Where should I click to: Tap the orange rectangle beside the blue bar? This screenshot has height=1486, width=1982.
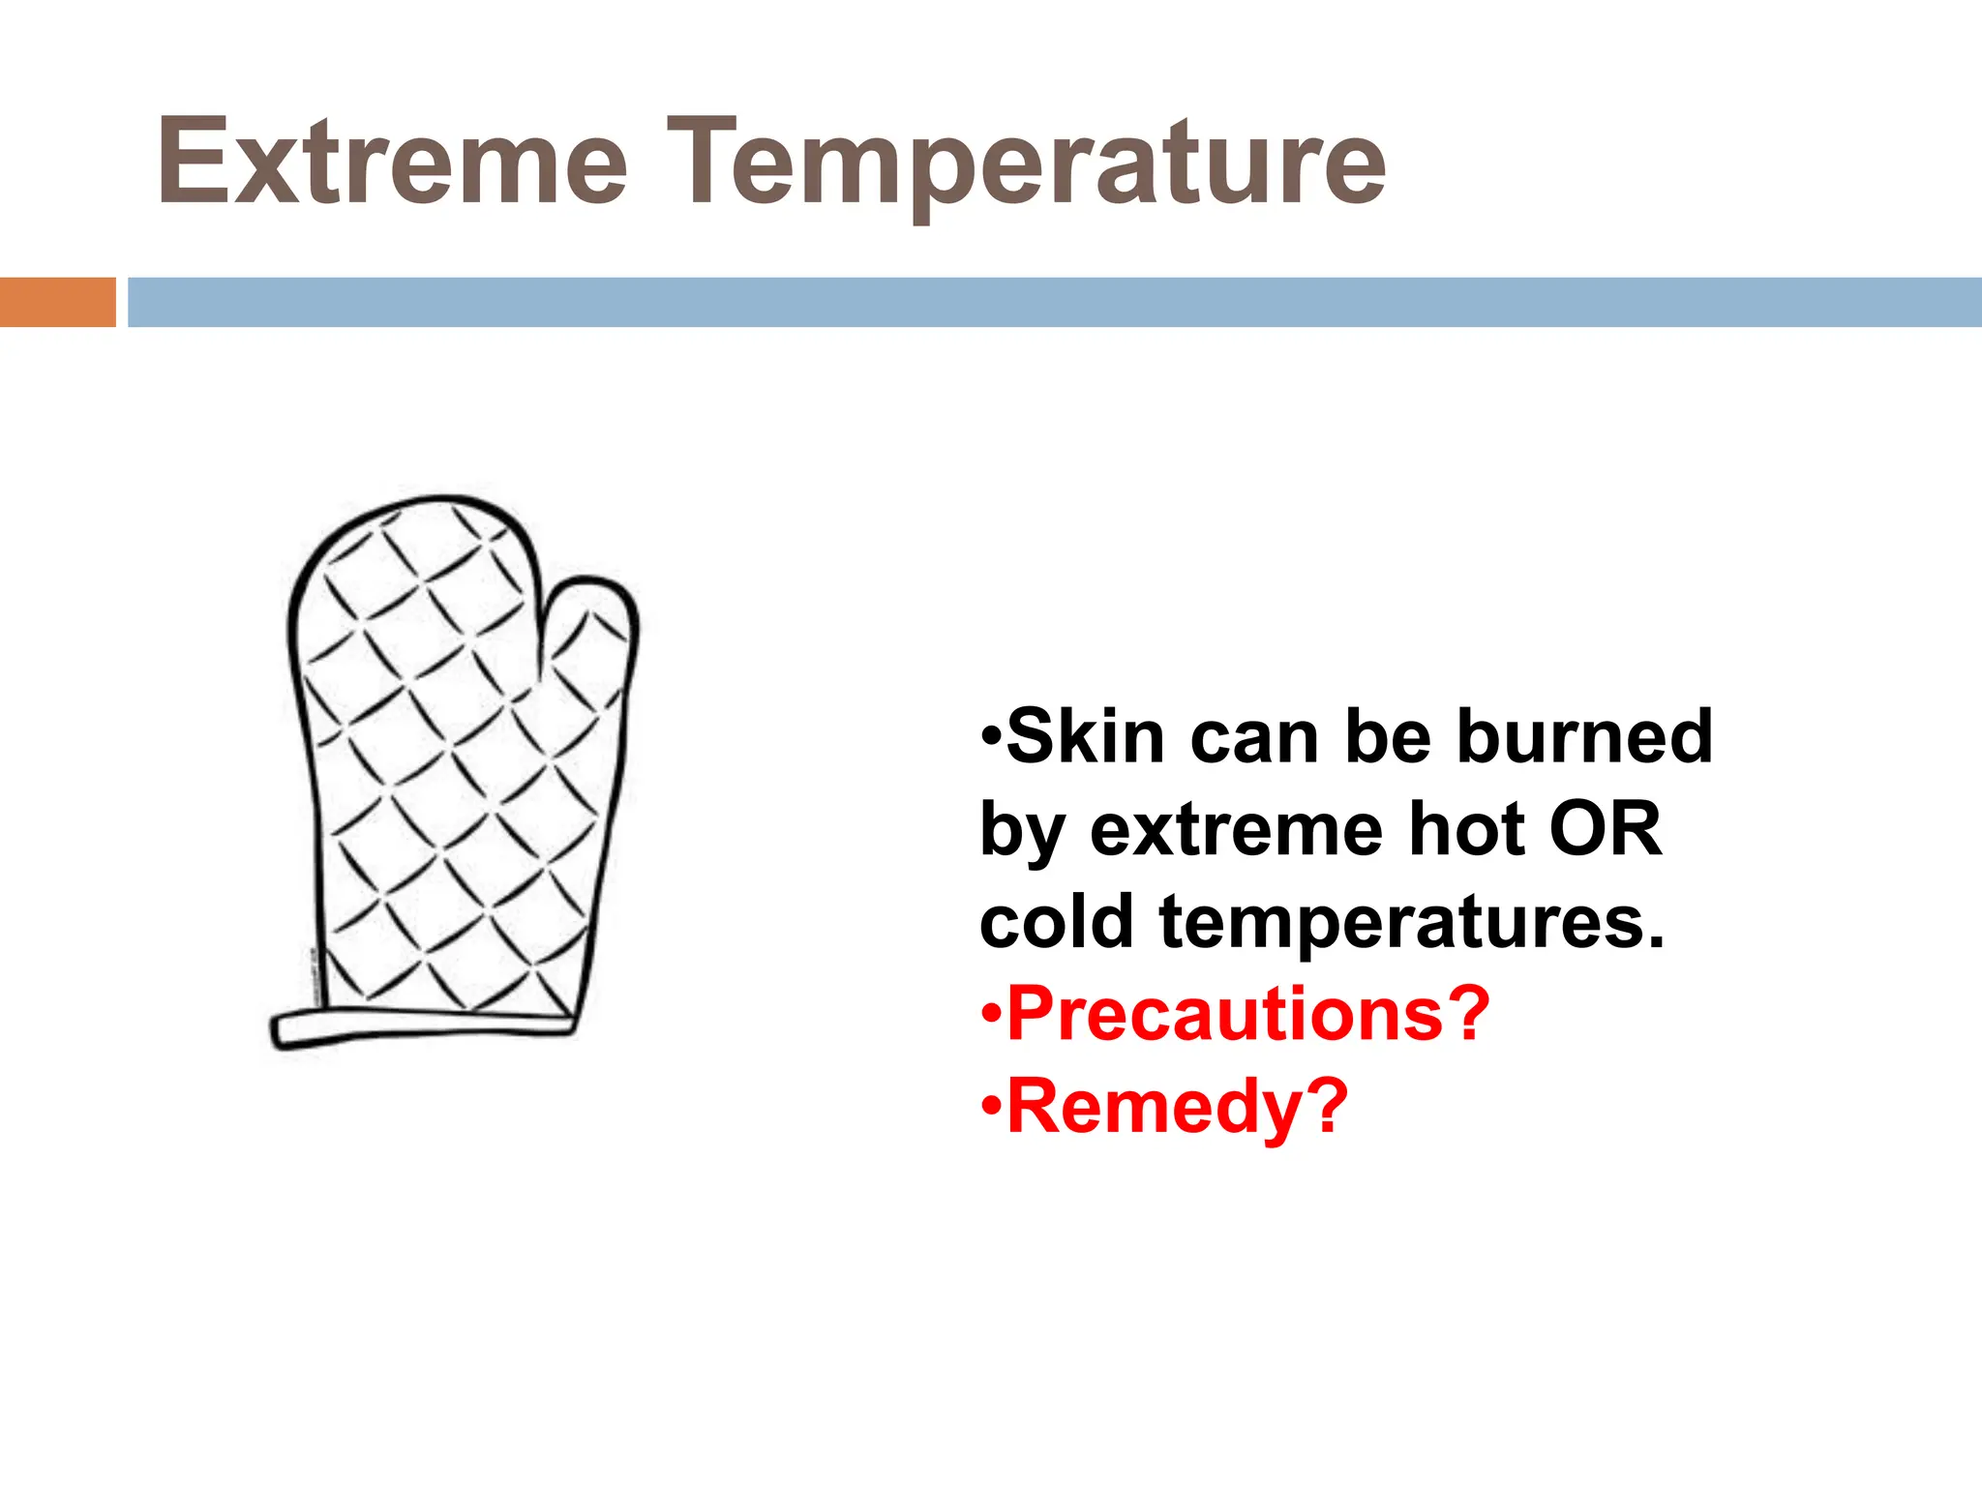click(x=57, y=302)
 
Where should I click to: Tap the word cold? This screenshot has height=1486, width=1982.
click(x=1056, y=922)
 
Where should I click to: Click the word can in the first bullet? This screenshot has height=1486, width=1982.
click(x=1254, y=737)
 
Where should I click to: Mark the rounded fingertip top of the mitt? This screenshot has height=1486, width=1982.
click(x=416, y=522)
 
